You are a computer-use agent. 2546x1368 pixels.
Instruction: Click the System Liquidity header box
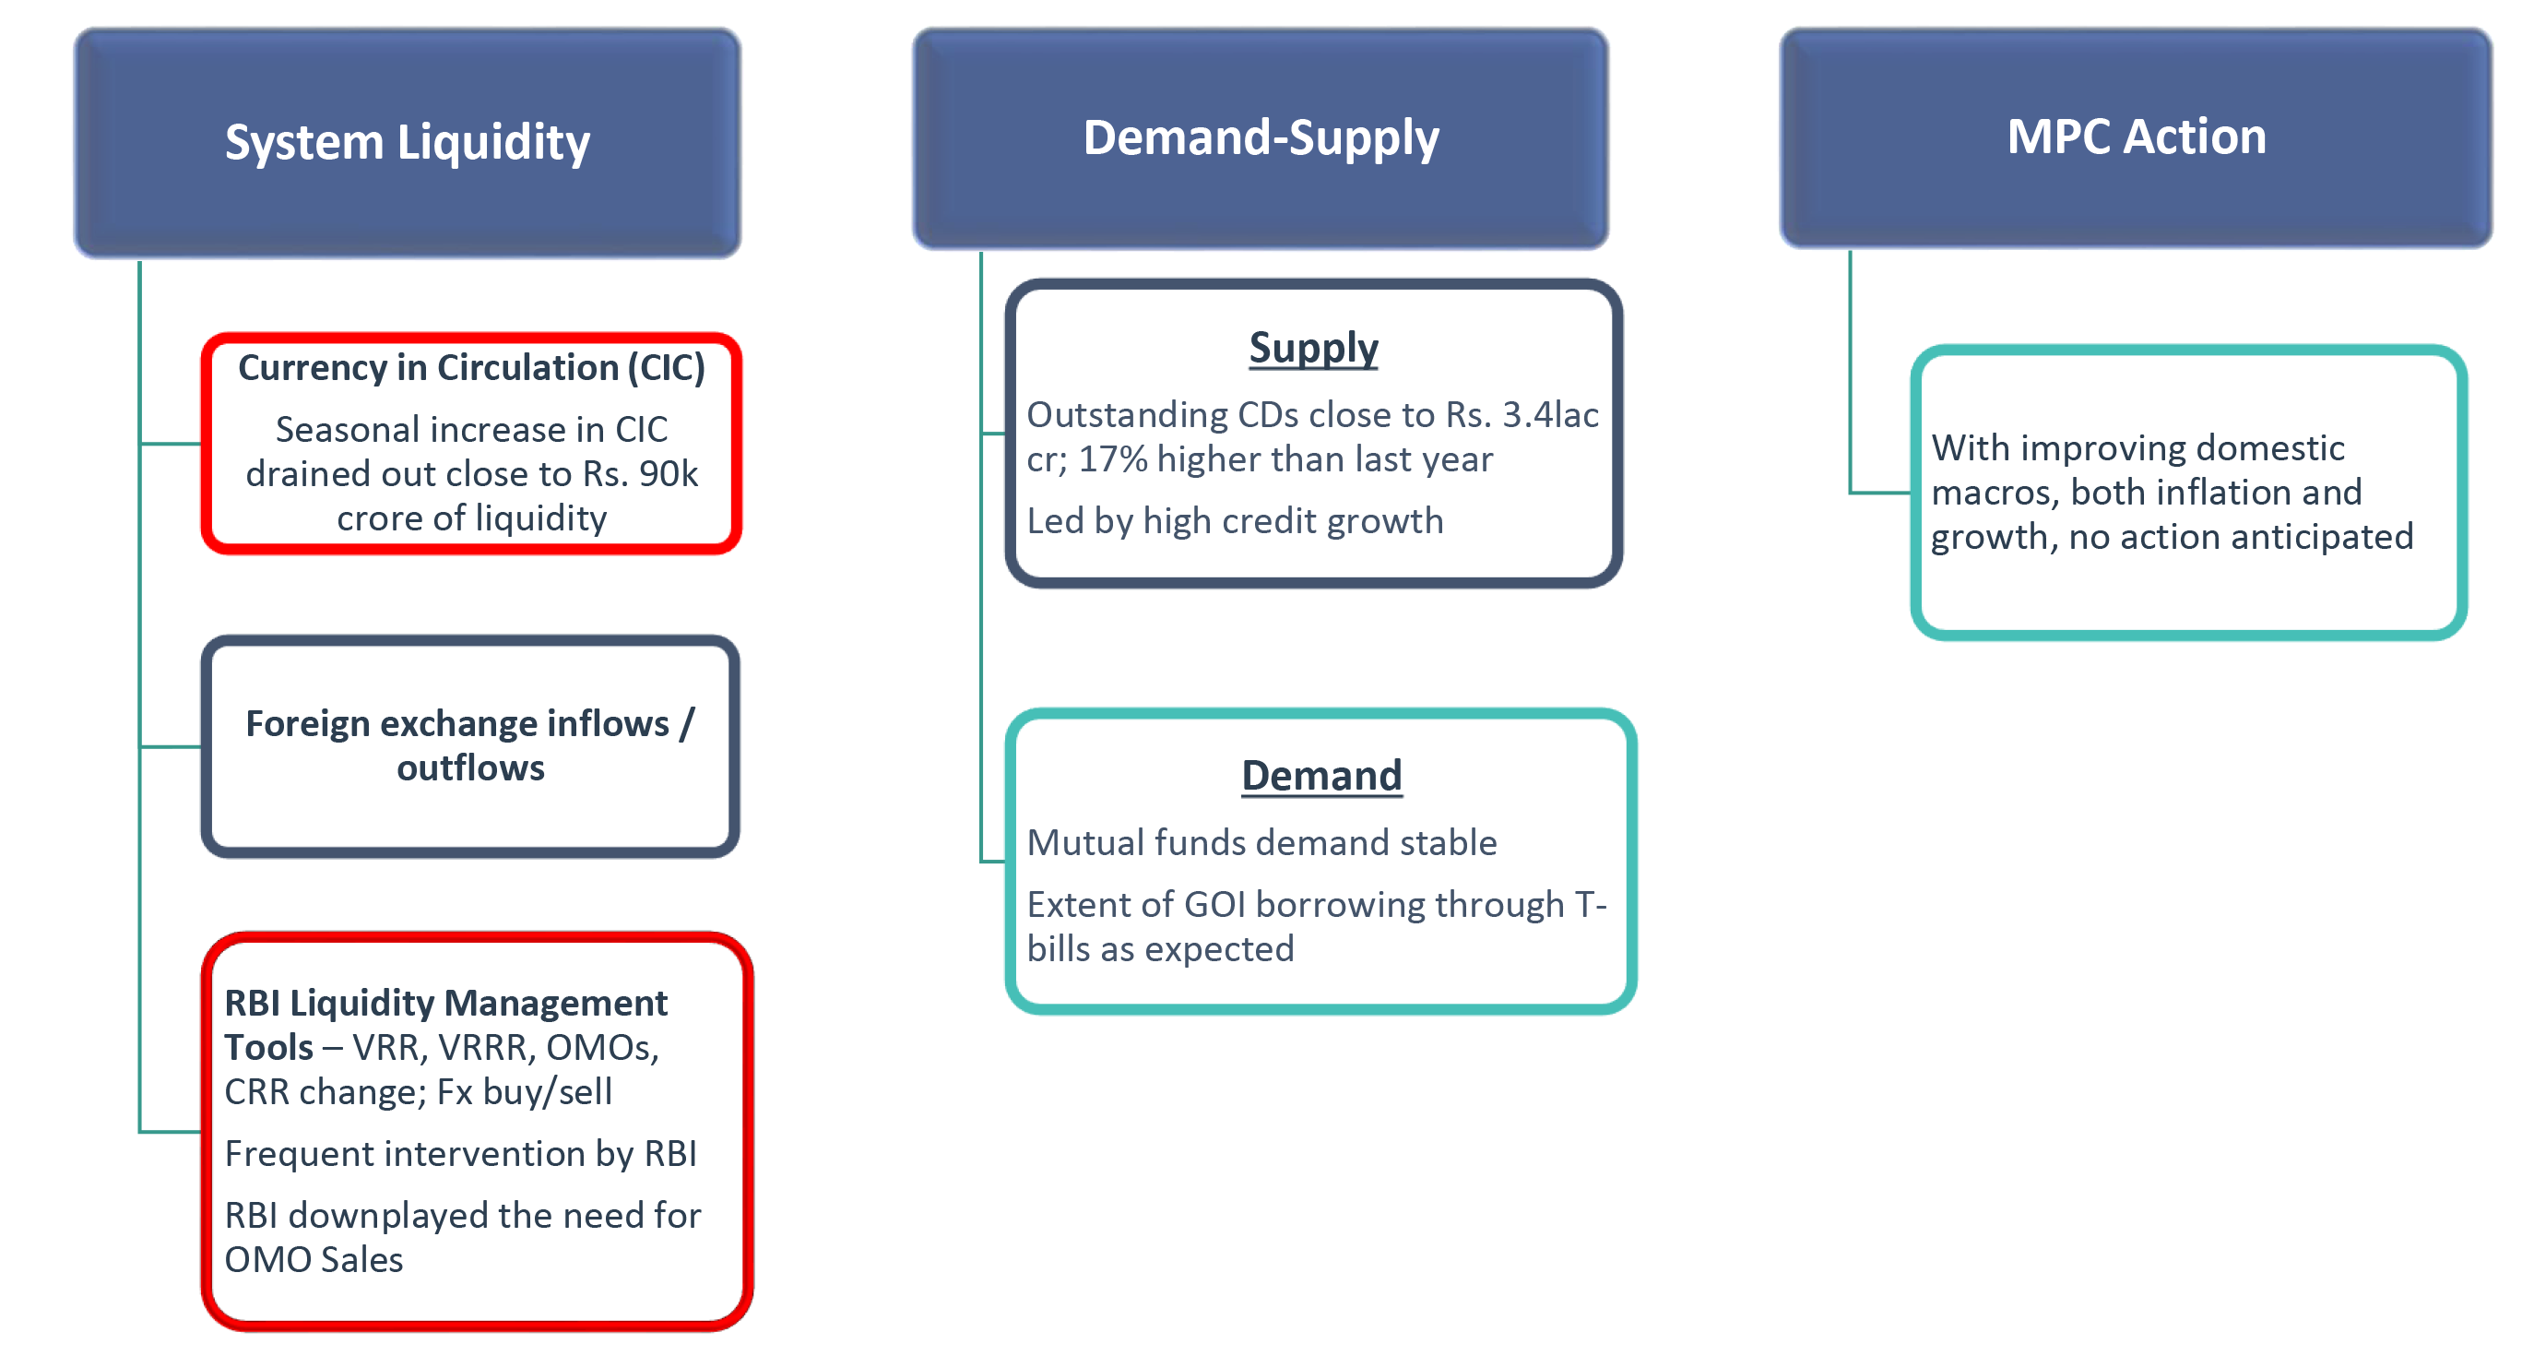pos(408,143)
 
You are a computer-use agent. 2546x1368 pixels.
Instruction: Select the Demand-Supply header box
pos(1261,138)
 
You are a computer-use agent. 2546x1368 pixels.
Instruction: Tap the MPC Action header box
pos(2136,137)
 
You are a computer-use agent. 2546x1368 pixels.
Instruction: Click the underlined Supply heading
pos(1312,348)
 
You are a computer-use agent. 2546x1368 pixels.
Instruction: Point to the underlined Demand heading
pos(1321,775)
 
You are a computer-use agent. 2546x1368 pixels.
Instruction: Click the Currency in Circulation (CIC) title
pos(471,368)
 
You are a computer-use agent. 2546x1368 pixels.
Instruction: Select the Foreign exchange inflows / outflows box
pos(470,746)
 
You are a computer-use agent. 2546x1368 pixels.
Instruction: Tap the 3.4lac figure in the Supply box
pos(1551,415)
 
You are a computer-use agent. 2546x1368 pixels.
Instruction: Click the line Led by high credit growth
pos(1236,521)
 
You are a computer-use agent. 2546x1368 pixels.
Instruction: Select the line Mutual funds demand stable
pos(1262,842)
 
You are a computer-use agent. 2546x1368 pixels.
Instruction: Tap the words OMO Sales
pos(314,1259)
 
